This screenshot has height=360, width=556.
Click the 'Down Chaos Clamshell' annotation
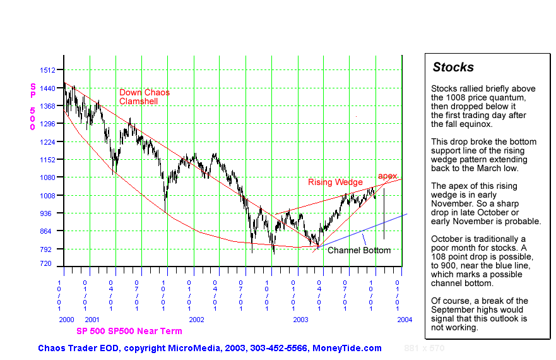[145, 97]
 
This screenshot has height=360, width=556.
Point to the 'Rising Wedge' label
[335, 183]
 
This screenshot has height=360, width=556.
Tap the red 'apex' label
[387, 176]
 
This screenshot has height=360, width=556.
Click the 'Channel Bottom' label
[359, 250]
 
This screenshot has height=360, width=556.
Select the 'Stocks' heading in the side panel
[453, 68]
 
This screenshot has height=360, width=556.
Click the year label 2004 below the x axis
[405, 320]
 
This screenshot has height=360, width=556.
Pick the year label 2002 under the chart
[197, 320]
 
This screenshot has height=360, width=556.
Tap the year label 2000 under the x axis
[67, 320]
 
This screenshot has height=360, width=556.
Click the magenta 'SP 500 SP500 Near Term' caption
[129, 331]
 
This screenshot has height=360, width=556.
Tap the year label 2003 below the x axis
[300, 320]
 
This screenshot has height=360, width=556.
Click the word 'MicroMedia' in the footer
[193, 348]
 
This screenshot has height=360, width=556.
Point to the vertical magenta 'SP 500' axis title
[33, 106]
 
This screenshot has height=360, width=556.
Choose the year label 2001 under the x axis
[92, 320]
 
